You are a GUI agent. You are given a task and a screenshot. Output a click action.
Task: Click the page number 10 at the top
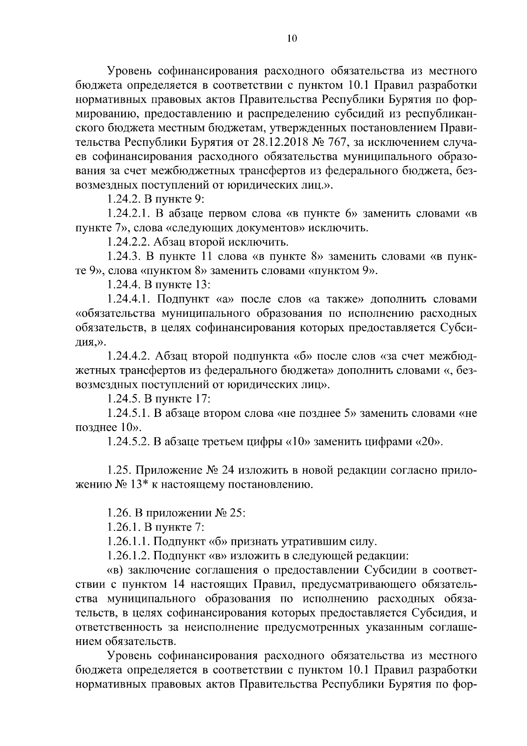(x=292, y=39)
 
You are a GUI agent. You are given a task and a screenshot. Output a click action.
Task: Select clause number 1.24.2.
(x=123, y=199)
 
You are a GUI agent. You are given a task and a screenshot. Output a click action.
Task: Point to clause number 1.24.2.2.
(x=129, y=242)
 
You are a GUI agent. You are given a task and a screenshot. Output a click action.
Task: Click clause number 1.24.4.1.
(x=129, y=300)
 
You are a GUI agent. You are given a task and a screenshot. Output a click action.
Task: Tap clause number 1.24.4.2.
(x=129, y=356)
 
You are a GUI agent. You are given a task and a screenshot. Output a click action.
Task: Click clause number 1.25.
(x=119, y=471)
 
